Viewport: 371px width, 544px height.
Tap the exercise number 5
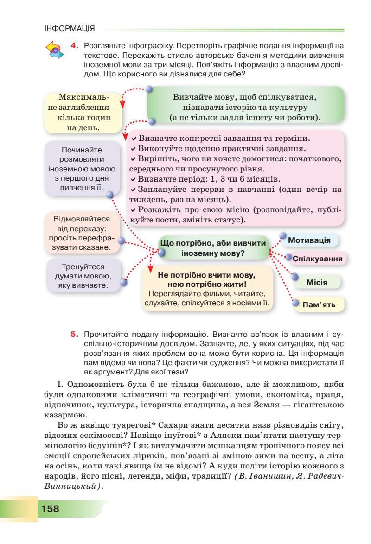[73, 334]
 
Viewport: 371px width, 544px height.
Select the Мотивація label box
[309, 240]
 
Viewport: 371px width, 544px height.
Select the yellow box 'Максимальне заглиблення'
[83, 112]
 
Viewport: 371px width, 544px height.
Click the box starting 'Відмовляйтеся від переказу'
[82, 233]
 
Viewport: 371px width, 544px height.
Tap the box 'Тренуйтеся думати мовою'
[83, 276]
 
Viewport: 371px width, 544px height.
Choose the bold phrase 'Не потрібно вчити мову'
[207, 279]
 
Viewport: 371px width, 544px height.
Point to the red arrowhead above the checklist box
[125, 137]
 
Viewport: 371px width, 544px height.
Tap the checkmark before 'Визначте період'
[134, 179]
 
